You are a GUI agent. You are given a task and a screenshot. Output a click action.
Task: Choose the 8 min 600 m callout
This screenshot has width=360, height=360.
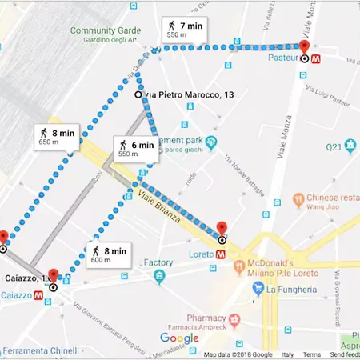coord(106,254)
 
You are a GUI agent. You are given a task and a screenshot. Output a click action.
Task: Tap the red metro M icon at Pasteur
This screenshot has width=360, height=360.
coord(317,58)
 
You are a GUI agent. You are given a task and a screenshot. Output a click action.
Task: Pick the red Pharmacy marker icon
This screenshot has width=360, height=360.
coord(234,320)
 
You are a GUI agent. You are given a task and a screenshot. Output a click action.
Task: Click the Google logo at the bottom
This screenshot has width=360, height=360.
coord(179,338)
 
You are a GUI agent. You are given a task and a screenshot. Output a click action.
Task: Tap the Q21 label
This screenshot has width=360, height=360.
coord(334,147)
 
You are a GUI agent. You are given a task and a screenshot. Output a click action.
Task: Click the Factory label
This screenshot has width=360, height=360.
coord(158,262)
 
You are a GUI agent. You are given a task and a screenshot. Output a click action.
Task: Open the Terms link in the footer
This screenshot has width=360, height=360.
coord(312,354)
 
